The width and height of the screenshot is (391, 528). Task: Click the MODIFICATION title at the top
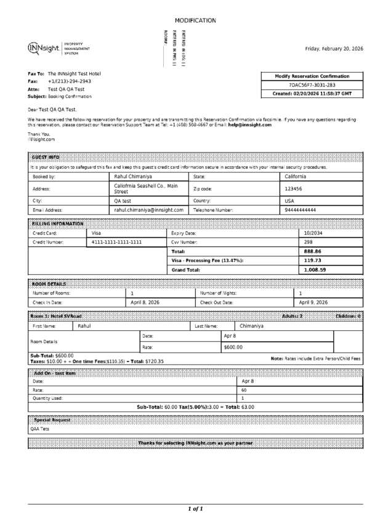click(195, 20)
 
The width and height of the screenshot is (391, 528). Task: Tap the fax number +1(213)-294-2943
click(70, 81)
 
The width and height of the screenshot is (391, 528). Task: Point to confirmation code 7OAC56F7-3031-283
click(312, 85)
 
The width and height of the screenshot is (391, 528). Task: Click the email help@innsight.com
click(250, 125)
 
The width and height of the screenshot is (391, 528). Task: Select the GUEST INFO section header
click(46, 158)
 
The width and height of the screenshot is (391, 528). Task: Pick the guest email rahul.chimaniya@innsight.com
click(149, 210)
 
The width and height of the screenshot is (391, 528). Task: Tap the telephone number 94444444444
click(300, 210)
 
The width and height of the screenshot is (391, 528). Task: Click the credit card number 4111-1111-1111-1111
click(117, 243)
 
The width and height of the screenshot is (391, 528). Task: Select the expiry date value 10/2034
click(313, 234)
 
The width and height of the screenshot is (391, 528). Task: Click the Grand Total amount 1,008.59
click(315, 270)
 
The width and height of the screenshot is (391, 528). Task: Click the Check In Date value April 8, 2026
click(145, 303)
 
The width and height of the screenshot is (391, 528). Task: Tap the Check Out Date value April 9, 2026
click(313, 303)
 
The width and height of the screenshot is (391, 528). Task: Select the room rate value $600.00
click(233, 347)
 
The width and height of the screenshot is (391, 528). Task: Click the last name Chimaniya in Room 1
click(252, 326)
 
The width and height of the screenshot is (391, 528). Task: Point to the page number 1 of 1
click(195, 509)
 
